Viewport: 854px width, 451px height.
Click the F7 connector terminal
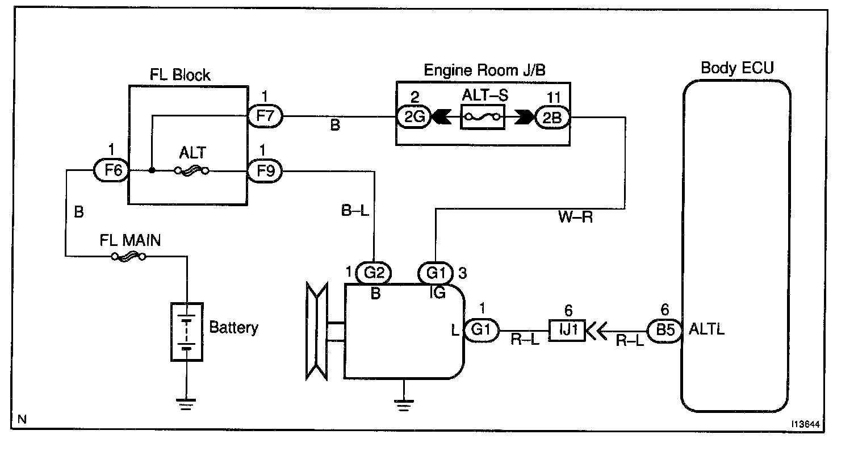point(266,117)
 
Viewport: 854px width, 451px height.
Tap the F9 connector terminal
point(266,170)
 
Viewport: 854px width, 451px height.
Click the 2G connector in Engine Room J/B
point(413,117)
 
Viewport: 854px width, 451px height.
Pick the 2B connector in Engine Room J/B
point(551,117)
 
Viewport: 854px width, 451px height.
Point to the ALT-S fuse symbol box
point(483,118)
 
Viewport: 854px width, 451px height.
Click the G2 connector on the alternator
point(373,274)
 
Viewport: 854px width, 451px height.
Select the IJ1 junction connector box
point(567,329)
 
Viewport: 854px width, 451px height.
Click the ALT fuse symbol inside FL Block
point(191,170)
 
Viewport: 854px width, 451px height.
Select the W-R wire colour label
point(575,218)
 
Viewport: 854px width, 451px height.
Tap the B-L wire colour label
point(355,211)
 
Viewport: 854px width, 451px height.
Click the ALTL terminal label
point(706,329)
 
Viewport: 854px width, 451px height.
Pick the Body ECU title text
point(737,69)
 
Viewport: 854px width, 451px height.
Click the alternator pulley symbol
point(315,332)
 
